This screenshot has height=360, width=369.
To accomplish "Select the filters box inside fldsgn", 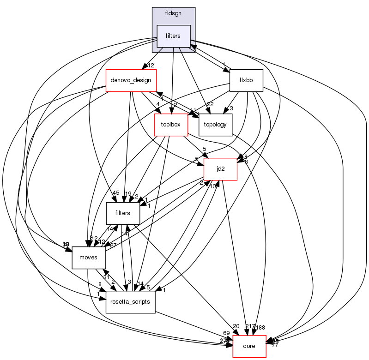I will [174, 36].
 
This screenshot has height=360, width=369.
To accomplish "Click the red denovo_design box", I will [132, 80].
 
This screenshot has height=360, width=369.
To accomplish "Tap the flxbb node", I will [246, 80].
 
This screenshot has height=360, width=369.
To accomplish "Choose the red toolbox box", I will [171, 125].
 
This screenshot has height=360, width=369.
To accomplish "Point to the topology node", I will [215, 125].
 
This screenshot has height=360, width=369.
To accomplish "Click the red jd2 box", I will [221, 169].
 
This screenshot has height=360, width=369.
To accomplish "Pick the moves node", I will [89, 258].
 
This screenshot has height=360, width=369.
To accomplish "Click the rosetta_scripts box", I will [130, 302].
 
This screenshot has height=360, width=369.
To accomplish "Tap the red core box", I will [249, 346].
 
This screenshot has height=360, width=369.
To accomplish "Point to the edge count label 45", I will [115, 193].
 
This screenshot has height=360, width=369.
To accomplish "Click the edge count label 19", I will [128, 194].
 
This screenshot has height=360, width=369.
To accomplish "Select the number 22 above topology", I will [210, 104].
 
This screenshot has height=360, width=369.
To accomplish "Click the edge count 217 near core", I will [250, 327].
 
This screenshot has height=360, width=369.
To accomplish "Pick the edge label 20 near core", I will [236, 327].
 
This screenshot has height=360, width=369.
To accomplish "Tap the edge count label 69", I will [226, 333].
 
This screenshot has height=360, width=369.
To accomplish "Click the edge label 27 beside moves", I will [113, 245].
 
